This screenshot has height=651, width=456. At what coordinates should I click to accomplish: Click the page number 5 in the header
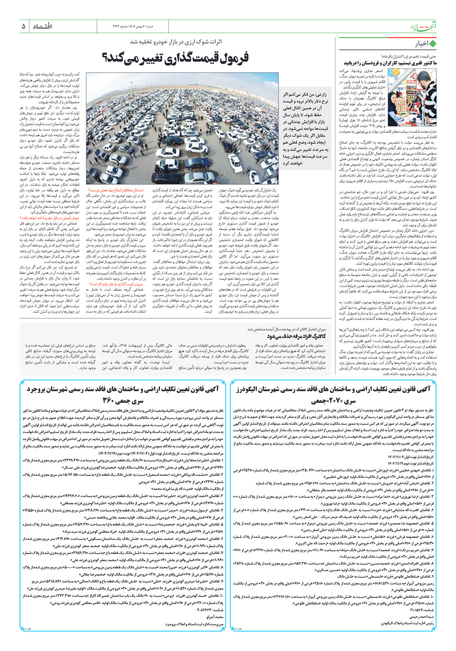[23, 26]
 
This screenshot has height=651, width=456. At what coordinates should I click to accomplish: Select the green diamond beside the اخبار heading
[433, 44]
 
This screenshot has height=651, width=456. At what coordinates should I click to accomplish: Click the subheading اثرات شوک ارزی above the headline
[176, 42]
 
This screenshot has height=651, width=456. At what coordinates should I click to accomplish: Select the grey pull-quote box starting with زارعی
[305, 129]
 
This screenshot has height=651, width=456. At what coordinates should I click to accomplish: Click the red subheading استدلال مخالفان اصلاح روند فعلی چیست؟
[116, 190]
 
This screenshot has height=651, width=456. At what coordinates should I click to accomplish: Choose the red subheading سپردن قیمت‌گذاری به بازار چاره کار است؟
[116, 284]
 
